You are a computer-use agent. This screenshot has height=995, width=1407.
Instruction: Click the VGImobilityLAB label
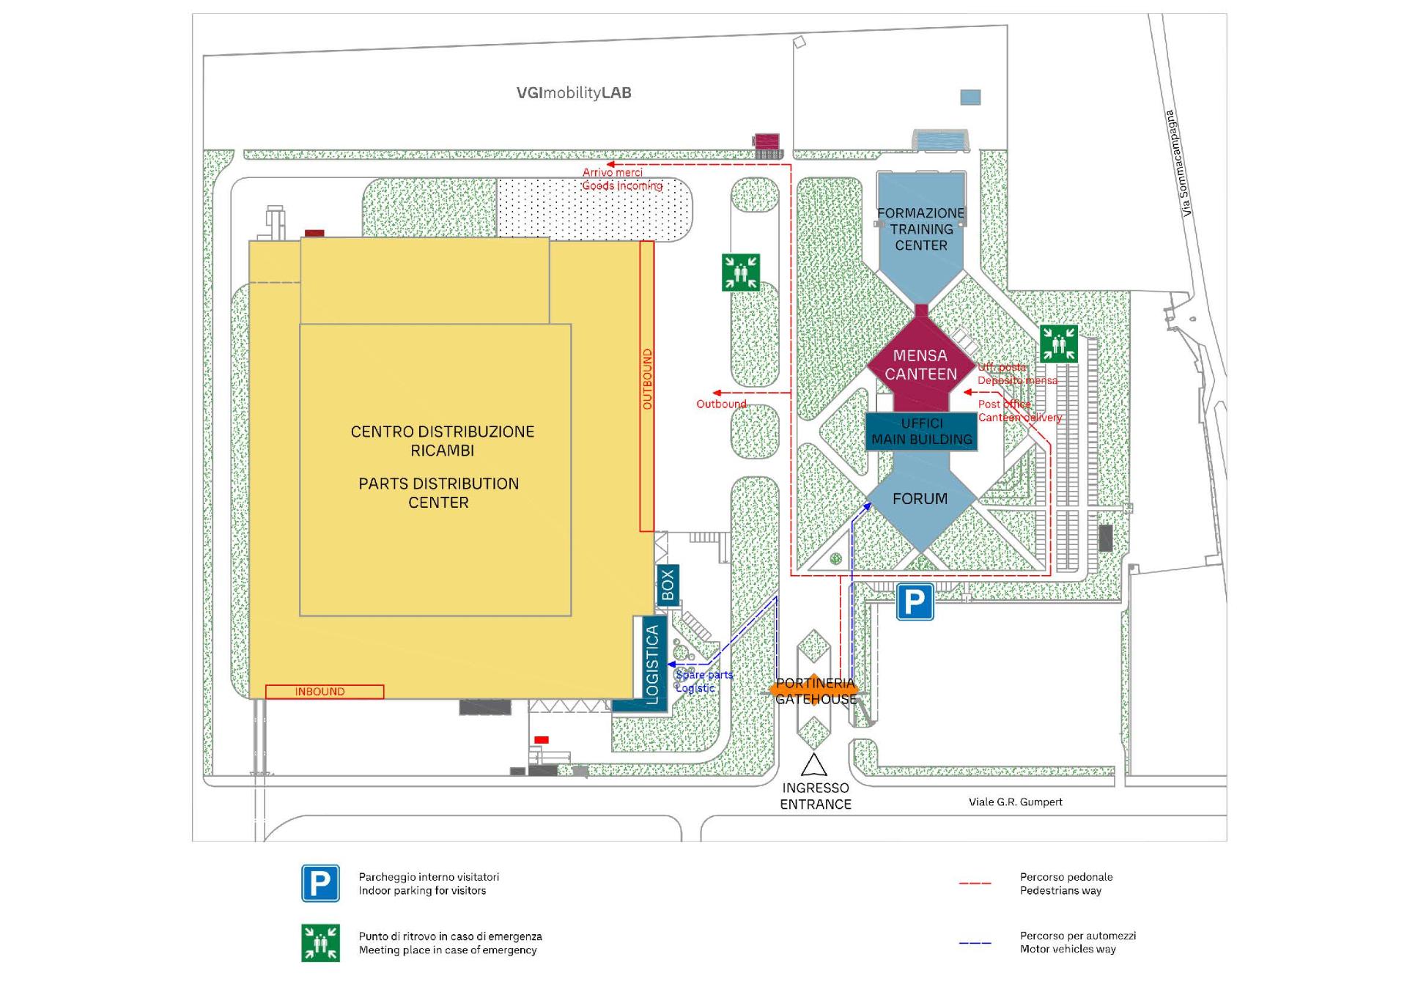coord(574,93)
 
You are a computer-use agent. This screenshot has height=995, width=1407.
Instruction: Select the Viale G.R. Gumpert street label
coord(1015,802)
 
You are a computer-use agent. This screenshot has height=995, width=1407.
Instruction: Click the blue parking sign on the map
coord(915,602)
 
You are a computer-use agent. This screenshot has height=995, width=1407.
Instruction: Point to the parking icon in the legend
coord(320,883)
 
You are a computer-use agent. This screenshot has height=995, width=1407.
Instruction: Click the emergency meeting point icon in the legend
coord(320,942)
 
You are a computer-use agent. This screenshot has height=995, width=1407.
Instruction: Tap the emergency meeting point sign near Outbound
coord(740,273)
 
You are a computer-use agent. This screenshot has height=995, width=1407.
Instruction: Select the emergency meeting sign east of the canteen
coord(1058,343)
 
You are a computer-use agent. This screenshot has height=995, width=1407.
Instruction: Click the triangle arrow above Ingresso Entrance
coord(814,765)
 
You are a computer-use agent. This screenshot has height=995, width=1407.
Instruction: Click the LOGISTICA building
coord(651,664)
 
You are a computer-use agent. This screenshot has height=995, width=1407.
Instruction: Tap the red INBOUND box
coord(324,692)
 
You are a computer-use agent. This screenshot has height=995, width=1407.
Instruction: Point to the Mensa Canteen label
coord(920,365)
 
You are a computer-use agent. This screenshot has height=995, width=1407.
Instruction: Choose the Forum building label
coord(920,499)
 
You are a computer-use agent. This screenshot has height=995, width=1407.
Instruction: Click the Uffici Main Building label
coord(921,432)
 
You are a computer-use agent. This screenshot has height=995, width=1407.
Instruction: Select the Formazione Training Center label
coord(921,229)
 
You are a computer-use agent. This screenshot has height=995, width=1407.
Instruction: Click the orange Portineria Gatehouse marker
coord(815,690)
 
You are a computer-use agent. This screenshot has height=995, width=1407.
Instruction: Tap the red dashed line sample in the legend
coord(975,884)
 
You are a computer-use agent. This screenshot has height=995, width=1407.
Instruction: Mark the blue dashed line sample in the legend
coord(975,942)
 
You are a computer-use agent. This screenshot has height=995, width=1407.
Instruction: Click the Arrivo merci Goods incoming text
coord(622,179)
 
